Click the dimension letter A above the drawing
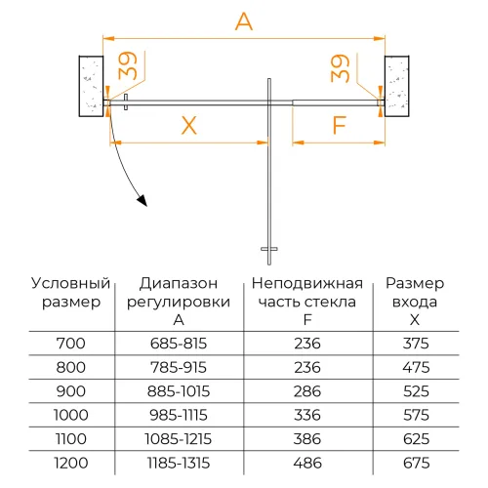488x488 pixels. pyautogui.click(x=244, y=20)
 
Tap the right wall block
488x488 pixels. pyautogui.click(x=400, y=86)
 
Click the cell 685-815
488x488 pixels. pyautogui.click(x=180, y=343)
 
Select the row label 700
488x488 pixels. pyautogui.click(x=72, y=343)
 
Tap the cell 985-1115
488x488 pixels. pyautogui.click(x=180, y=413)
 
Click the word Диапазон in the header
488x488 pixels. pyautogui.click(x=180, y=283)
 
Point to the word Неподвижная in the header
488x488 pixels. pyautogui.click(x=306, y=283)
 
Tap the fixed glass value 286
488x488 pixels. pyautogui.click(x=306, y=389)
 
